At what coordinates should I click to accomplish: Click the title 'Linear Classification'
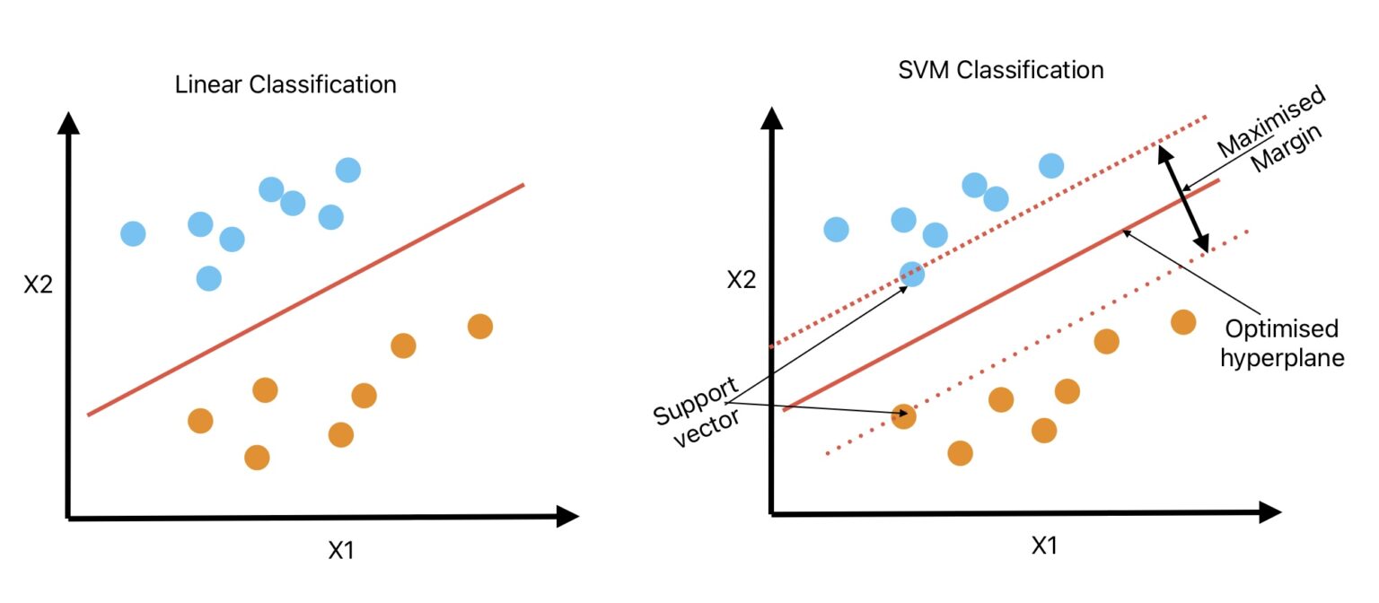coord(285,85)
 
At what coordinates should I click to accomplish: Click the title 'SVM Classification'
coord(1000,70)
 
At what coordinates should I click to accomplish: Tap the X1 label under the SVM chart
coord(1043,545)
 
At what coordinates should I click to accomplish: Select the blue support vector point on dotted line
coord(911,274)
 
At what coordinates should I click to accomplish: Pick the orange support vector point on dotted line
coord(904,416)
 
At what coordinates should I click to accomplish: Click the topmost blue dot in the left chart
coord(347,169)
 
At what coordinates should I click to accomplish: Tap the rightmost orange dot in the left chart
coord(480,326)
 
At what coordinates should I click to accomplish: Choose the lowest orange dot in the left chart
coord(257,458)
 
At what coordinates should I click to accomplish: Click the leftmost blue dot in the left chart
coord(133,233)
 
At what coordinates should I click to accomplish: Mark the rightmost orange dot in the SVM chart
coord(1183,321)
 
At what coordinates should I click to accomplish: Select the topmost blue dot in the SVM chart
coord(1051,165)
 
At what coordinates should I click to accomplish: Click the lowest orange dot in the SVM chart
coord(960,453)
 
